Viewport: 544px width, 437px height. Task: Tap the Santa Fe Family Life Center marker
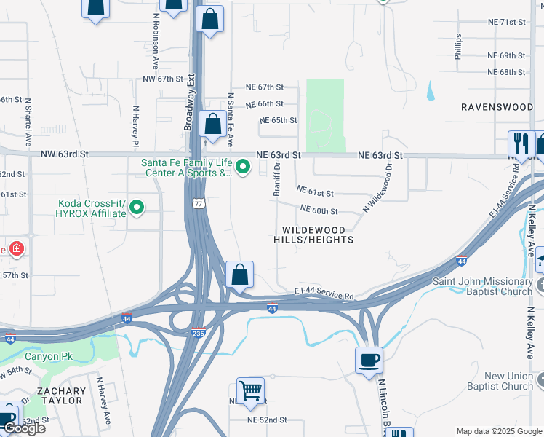tap(244, 168)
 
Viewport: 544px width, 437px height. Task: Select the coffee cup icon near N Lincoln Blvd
tap(369, 361)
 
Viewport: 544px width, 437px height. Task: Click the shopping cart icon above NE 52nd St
tap(250, 390)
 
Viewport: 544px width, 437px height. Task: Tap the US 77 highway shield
tap(197, 205)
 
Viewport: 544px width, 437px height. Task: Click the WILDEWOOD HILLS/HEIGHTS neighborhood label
tap(313, 234)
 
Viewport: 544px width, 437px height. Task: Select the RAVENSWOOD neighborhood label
tap(497, 106)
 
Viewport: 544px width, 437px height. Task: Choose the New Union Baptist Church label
tap(509, 381)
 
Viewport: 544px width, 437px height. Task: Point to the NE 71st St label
tap(506, 22)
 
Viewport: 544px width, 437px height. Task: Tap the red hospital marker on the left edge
tap(17, 249)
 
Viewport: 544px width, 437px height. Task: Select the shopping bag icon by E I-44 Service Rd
tap(239, 275)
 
